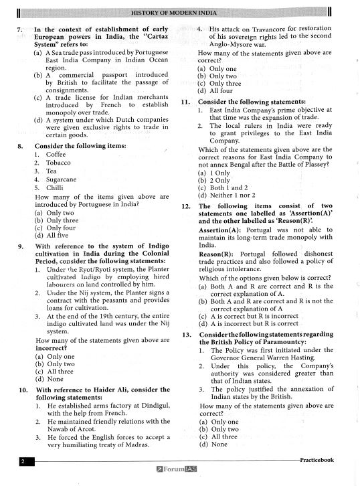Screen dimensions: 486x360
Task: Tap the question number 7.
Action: (x=20, y=31)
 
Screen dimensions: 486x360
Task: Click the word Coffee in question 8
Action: (x=56, y=154)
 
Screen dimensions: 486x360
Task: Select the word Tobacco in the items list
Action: (x=58, y=163)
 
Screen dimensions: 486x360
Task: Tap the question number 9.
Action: (x=21, y=246)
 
